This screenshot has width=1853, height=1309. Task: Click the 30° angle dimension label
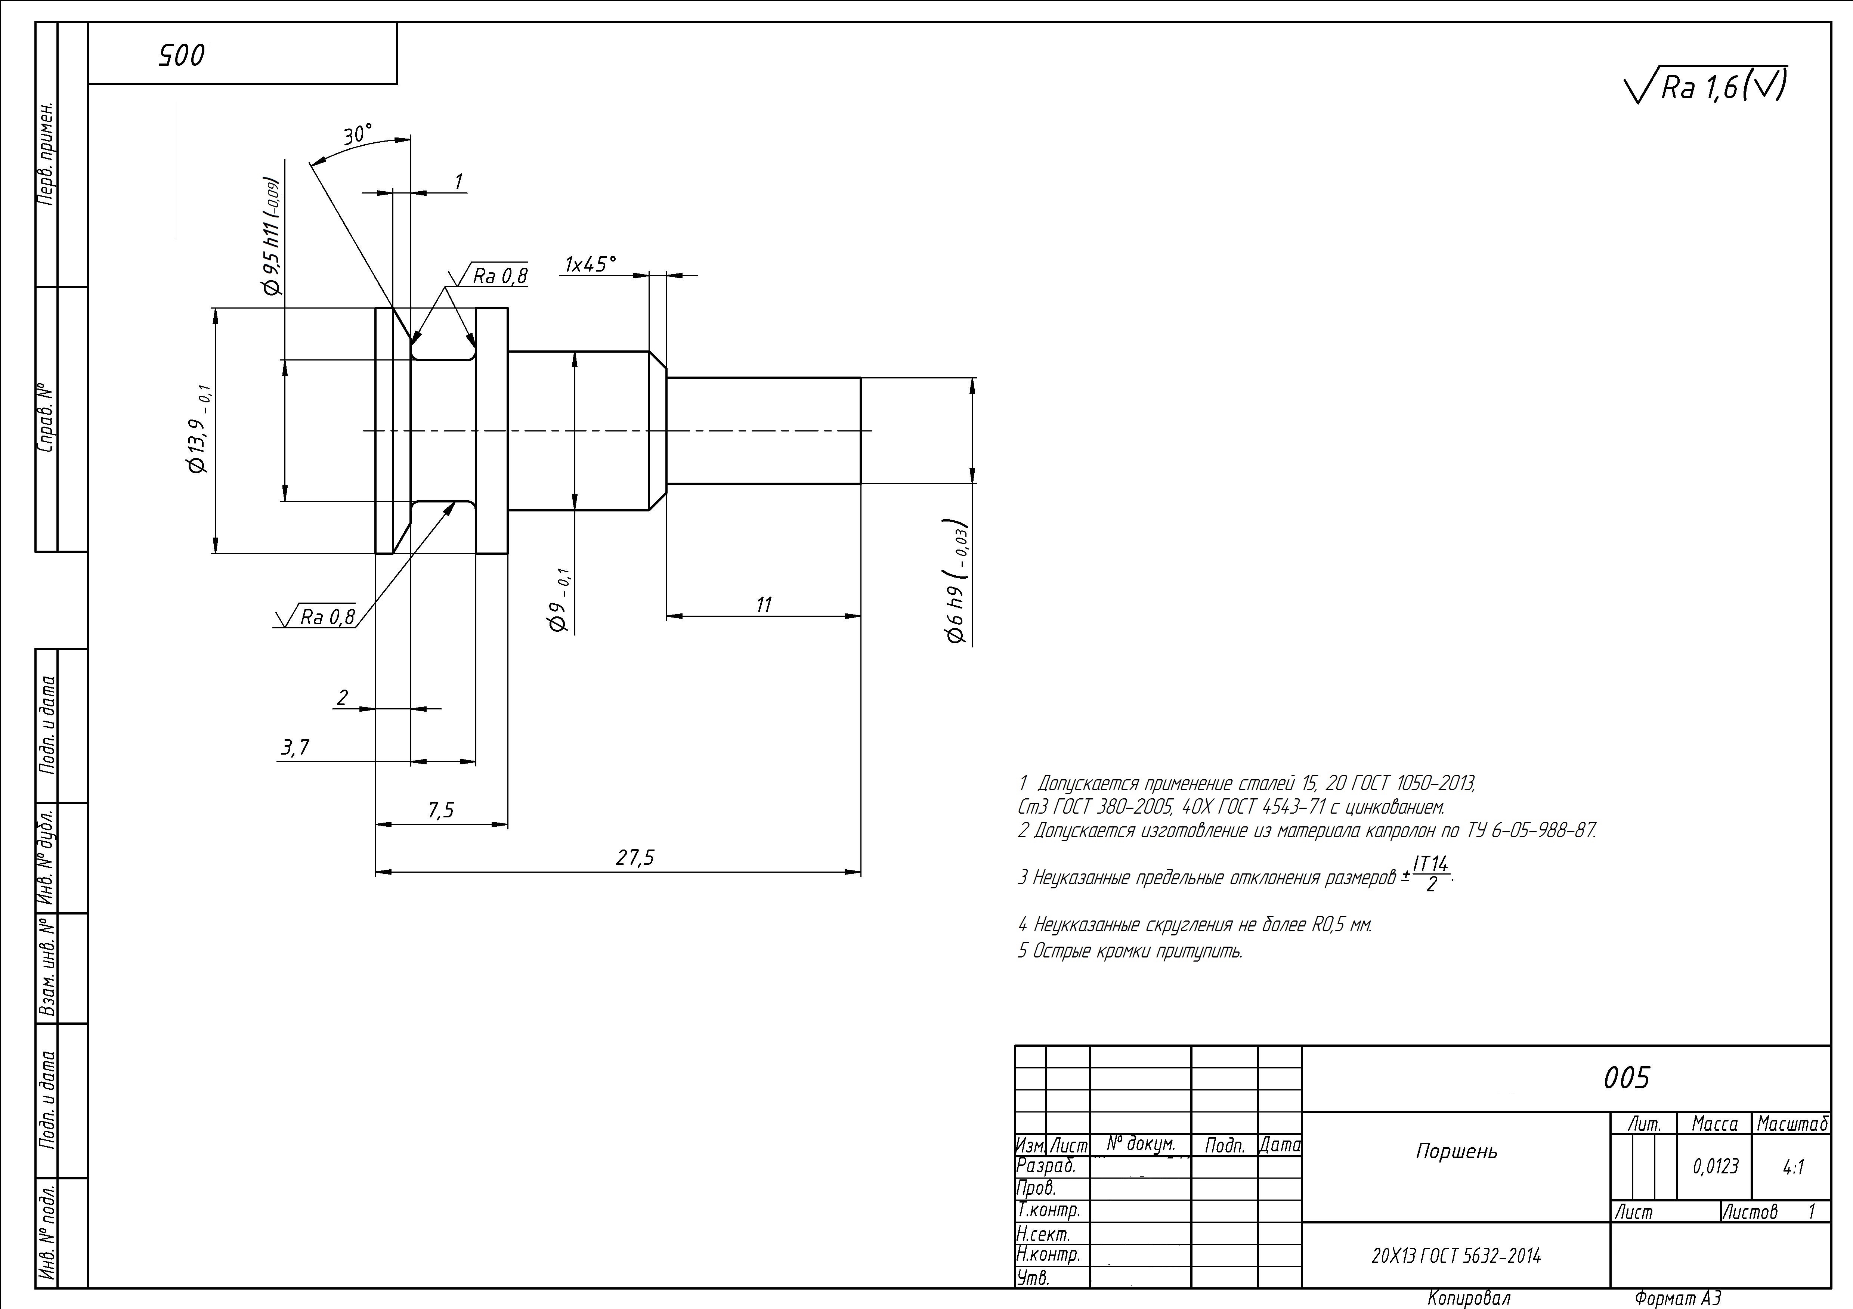point(358,135)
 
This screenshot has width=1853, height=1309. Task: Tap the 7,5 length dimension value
point(442,810)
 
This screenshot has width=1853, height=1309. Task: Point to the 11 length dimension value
point(764,604)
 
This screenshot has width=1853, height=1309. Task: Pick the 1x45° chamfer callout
point(590,264)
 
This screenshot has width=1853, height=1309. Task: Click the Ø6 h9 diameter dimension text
point(958,581)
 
